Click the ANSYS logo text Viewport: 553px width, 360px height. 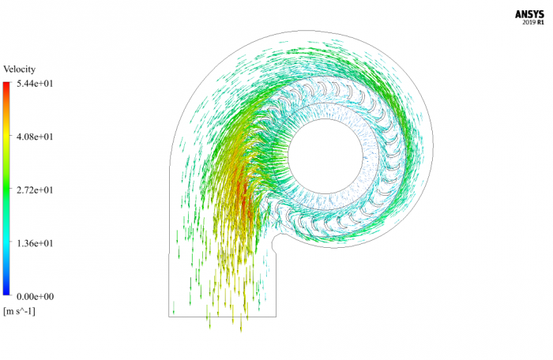click(x=528, y=14)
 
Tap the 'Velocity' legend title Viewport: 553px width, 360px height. click(x=20, y=69)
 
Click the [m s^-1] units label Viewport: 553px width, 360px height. click(x=20, y=311)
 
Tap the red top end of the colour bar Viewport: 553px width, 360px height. click(x=7, y=86)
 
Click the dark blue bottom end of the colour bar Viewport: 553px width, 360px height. click(x=7, y=291)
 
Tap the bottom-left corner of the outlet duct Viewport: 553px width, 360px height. click(x=169, y=317)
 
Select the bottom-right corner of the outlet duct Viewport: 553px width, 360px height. click(x=276, y=317)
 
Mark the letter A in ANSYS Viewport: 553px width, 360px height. click(x=519, y=14)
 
